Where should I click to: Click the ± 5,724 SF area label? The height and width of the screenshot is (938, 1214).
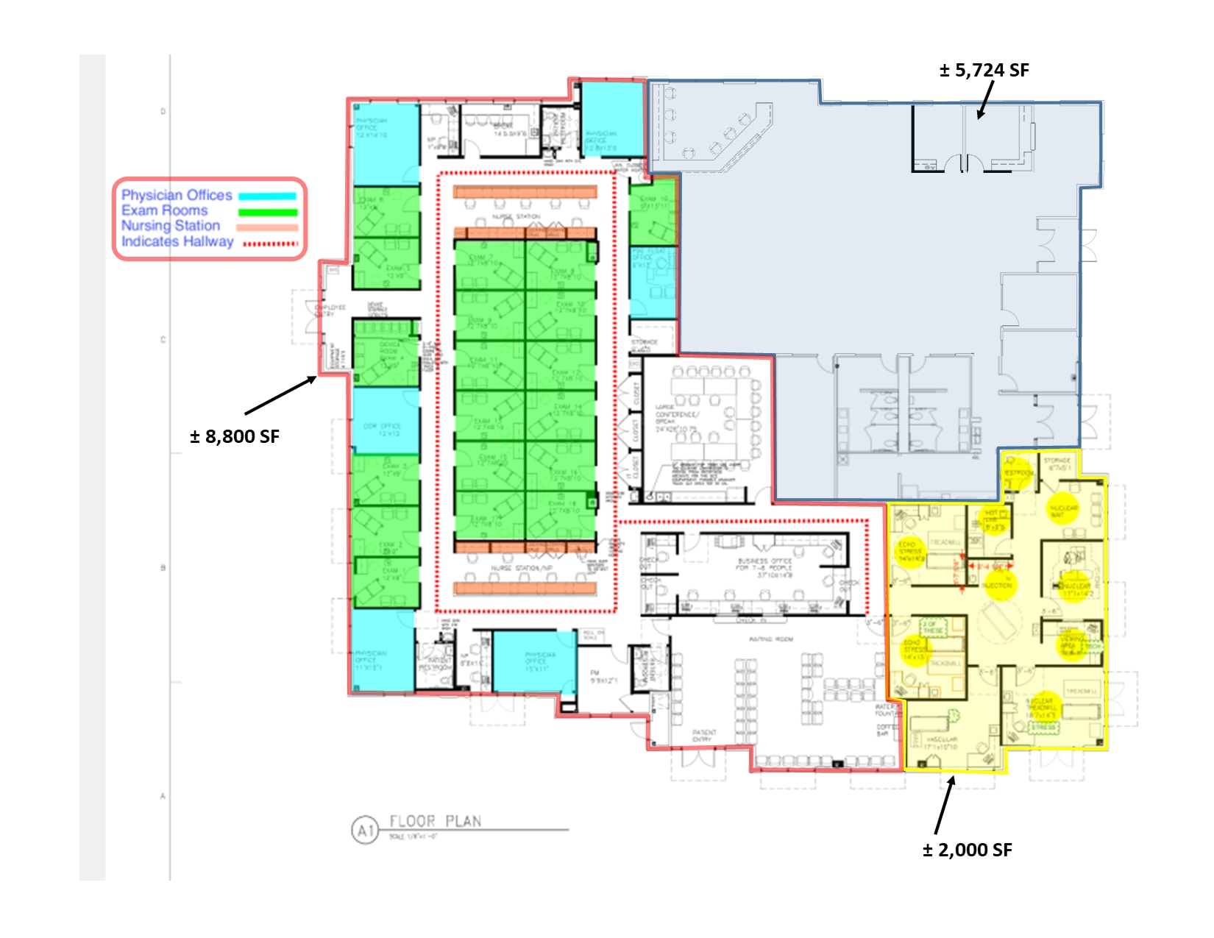click(984, 71)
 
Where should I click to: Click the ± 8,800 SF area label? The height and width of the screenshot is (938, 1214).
click(235, 437)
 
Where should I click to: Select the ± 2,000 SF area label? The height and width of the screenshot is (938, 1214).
click(967, 850)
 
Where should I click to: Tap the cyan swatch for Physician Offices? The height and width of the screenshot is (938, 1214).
click(267, 196)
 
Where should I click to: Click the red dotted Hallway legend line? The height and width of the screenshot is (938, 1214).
click(270, 244)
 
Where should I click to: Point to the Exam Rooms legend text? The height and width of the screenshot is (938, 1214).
click(165, 210)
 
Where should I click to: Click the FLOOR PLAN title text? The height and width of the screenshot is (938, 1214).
click(435, 821)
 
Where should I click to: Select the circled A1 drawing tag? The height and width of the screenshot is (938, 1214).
click(365, 831)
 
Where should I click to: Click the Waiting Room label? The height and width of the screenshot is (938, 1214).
click(770, 639)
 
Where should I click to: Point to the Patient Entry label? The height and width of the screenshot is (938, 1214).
click(703, 736)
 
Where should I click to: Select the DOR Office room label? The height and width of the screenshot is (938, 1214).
click(382, 429)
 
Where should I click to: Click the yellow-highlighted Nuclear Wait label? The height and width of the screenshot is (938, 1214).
click(1062, 511)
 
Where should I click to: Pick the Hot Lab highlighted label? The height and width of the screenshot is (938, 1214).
click(993, 519)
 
